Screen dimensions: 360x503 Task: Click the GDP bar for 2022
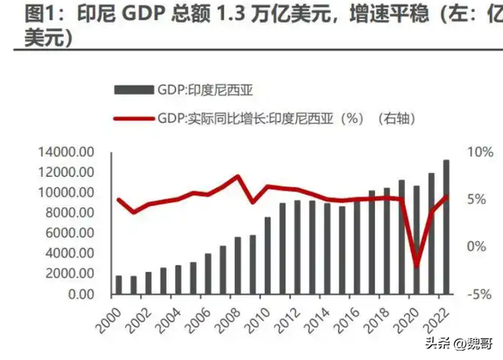point(446,227)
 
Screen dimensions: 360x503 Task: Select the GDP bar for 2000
point(119,285)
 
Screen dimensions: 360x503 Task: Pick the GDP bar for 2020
point(416,240)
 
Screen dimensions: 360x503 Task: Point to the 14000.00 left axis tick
point(66,152)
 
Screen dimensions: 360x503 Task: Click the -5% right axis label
point(476,294)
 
